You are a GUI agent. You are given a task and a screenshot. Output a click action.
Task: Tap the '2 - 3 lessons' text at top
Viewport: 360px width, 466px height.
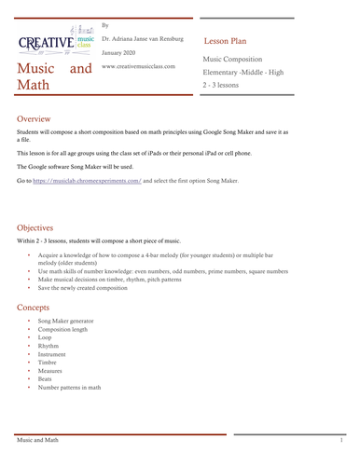[x=222, y=86]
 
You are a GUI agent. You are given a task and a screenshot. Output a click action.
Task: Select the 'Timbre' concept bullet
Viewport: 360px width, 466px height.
[x=48, y=363]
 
